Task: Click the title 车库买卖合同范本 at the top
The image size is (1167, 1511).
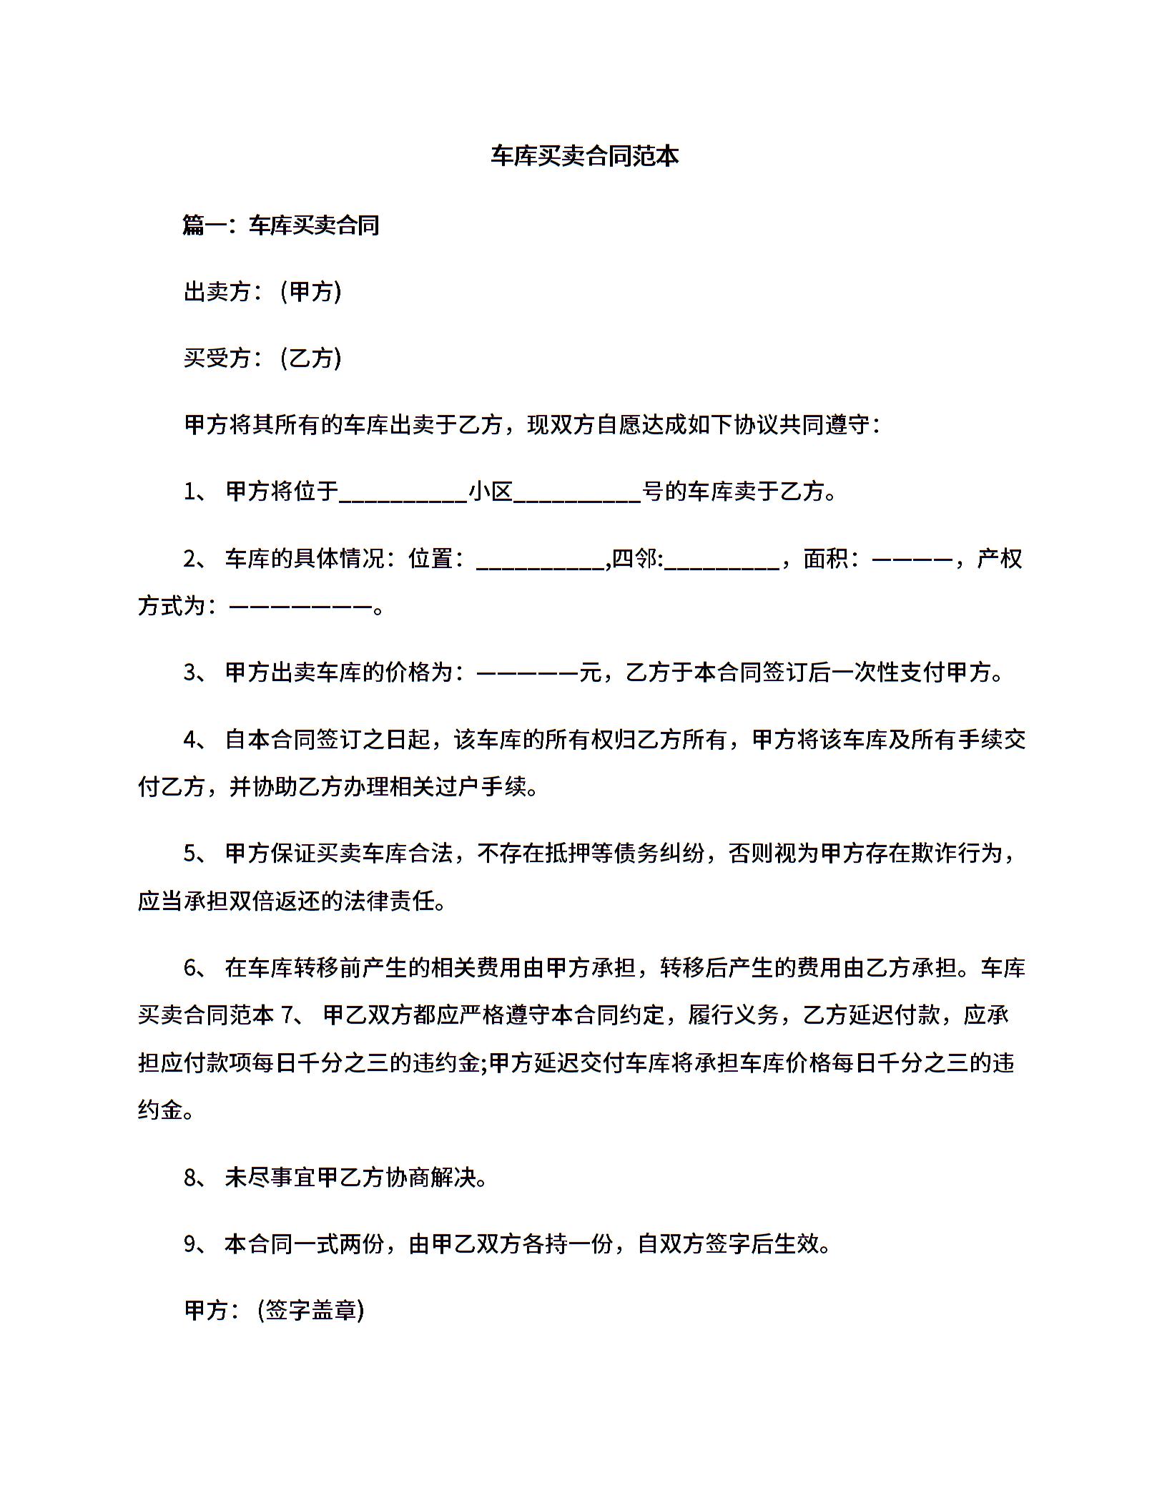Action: (584, 156)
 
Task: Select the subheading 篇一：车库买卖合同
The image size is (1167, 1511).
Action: (281, 225)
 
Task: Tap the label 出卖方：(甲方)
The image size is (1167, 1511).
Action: (262, 292)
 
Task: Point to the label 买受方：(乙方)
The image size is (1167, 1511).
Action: (262, 358)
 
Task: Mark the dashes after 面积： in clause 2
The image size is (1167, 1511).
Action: (912, 558)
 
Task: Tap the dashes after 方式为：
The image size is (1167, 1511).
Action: (301, 607)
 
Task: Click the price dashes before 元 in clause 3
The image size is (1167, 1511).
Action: (527, 673)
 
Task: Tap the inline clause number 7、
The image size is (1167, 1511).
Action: (295, 1015)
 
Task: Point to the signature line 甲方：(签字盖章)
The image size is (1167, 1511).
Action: (275, 1310)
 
